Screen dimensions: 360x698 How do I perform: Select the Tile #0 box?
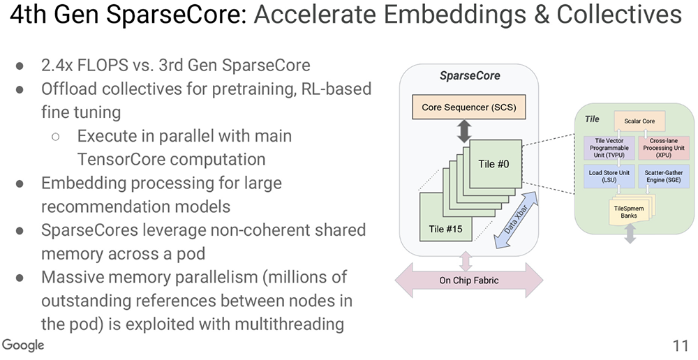497,164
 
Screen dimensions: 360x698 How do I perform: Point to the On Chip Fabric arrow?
468,281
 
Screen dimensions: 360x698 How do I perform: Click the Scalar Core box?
639,121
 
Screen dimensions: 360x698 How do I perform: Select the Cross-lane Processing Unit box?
662,148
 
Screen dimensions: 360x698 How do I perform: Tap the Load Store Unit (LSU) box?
607,176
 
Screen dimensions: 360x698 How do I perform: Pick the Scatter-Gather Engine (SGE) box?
662,176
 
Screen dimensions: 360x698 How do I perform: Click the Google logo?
23,345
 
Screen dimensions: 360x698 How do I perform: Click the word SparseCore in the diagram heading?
469,75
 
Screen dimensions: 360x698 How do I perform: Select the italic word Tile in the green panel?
591,119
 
